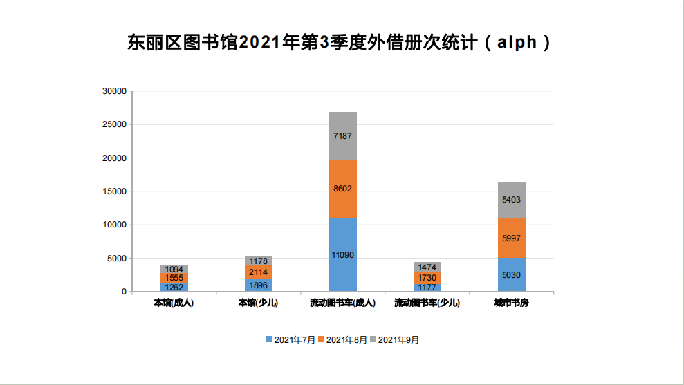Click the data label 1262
tap(174, 287)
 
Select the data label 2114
tap(259, 272)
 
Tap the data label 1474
tap(427, 267)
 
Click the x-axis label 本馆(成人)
tap(174, 303)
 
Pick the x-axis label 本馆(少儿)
tap(258, 303)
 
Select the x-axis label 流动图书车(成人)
tap(342, 303)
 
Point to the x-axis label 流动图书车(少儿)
tap(427, 303)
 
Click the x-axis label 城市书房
tap(512, 303)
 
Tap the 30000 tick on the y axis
tap(114, 91)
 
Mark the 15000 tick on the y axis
tap(114, 191)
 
